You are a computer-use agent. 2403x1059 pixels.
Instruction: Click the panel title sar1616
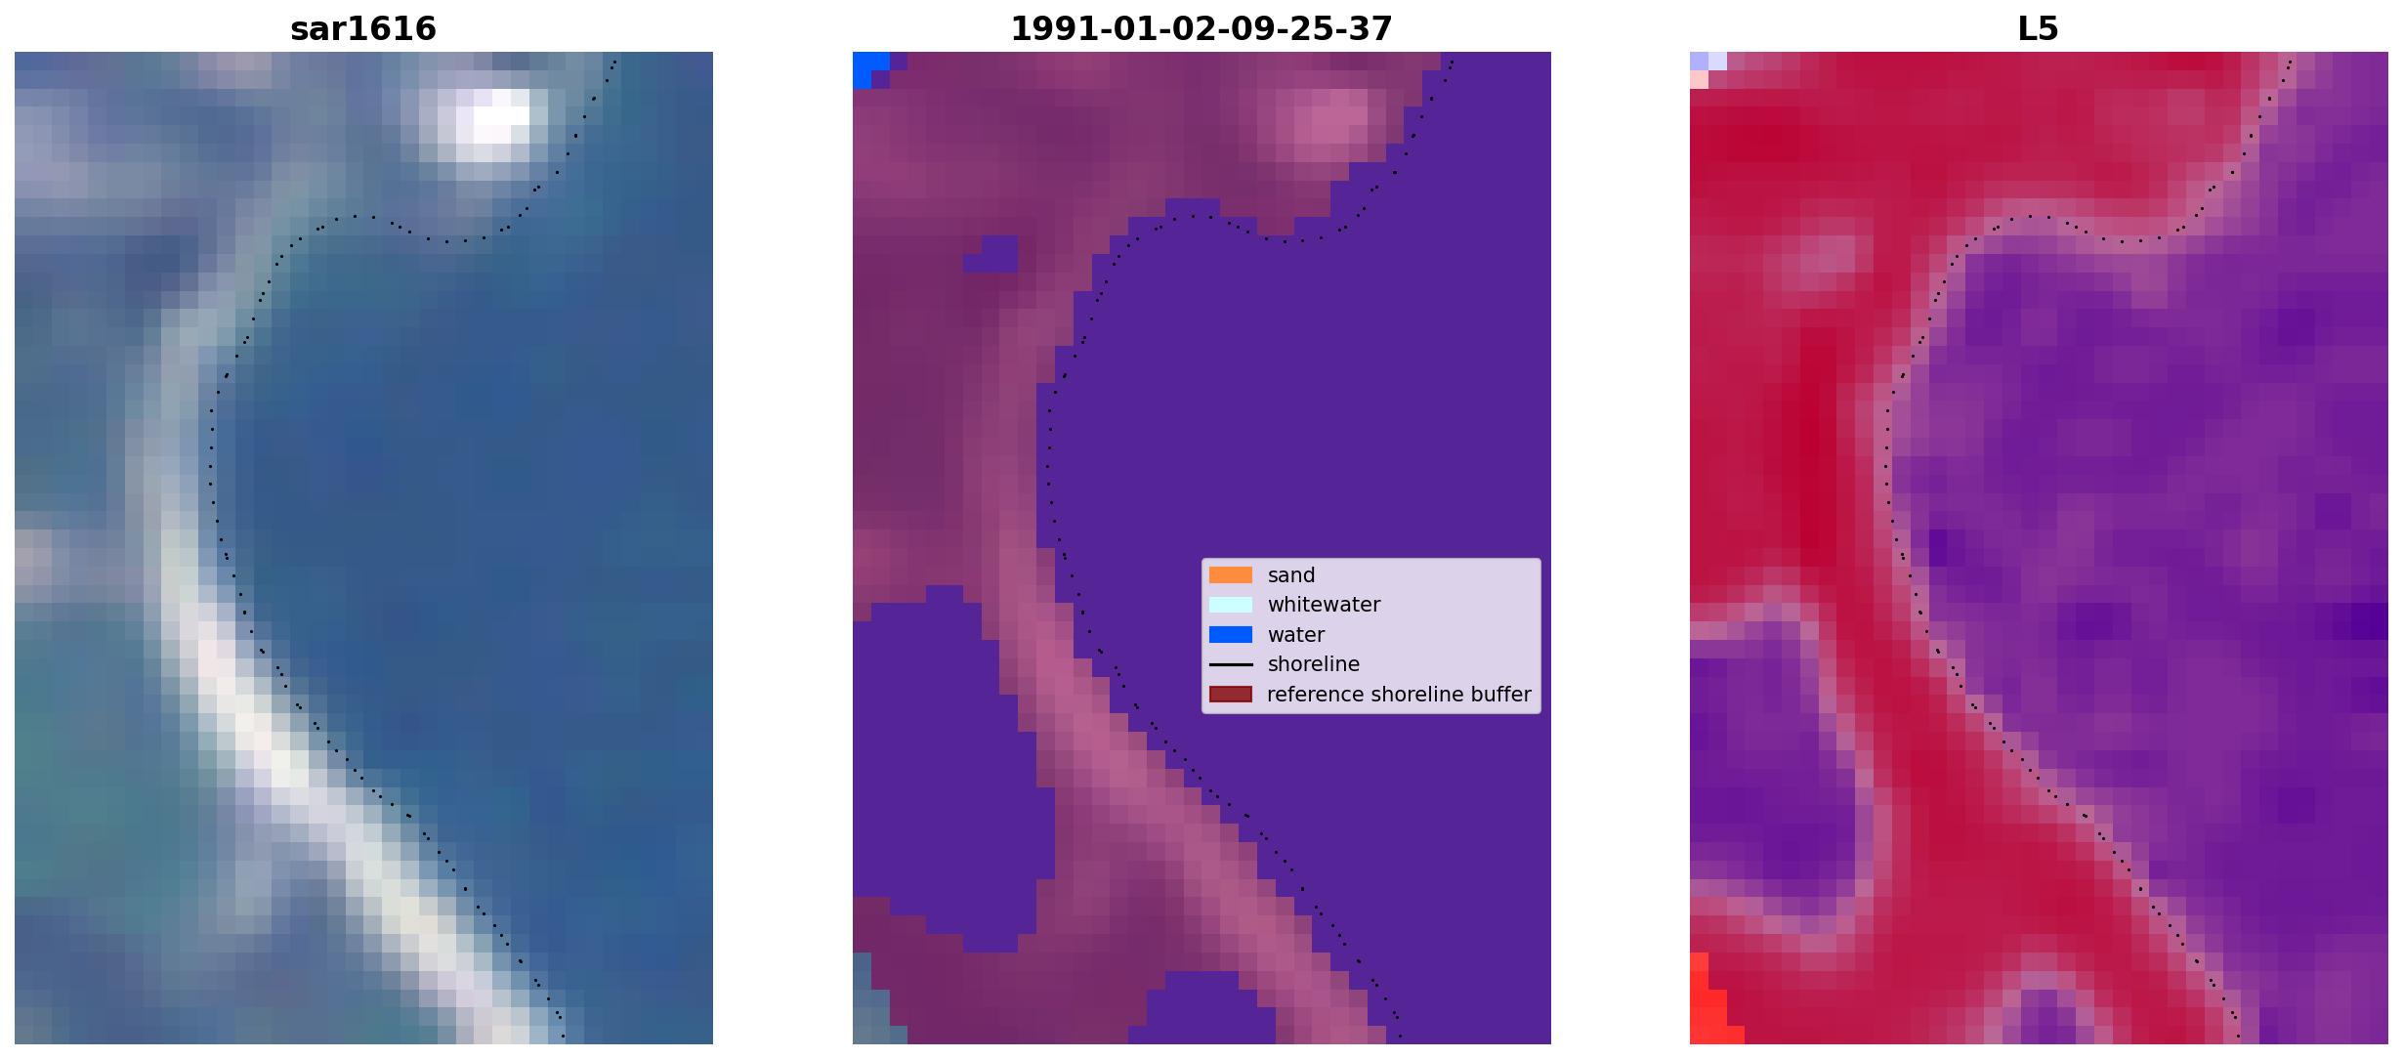[x=363, y=29]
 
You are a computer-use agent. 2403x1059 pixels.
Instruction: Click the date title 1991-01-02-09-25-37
[x=1201, y=29]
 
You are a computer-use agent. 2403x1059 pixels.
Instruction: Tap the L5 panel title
[x=2039, y=29]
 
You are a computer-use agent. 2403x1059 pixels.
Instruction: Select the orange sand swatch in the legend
[x=1231, y=575]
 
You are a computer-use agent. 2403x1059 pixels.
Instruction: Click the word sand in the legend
[x=1291, y=575]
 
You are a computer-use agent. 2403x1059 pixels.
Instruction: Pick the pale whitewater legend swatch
[x=1231, y=605]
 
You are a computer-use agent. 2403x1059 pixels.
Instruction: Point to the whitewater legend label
[x=1324, y=605]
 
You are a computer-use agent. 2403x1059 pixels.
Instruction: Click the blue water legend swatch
[x=1231, y=635]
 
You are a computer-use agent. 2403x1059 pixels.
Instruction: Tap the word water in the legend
[x=1296, y=635]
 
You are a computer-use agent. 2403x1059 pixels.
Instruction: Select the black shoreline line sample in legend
[x=1231, y=664]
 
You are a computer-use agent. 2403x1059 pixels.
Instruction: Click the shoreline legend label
[x=1314, y=664]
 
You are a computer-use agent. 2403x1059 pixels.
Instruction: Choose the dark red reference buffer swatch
[x=1231, y=695]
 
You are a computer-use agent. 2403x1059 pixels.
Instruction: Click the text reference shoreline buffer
[x=1399, y=695]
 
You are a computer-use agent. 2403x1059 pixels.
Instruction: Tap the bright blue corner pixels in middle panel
[x=868, y=67]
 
